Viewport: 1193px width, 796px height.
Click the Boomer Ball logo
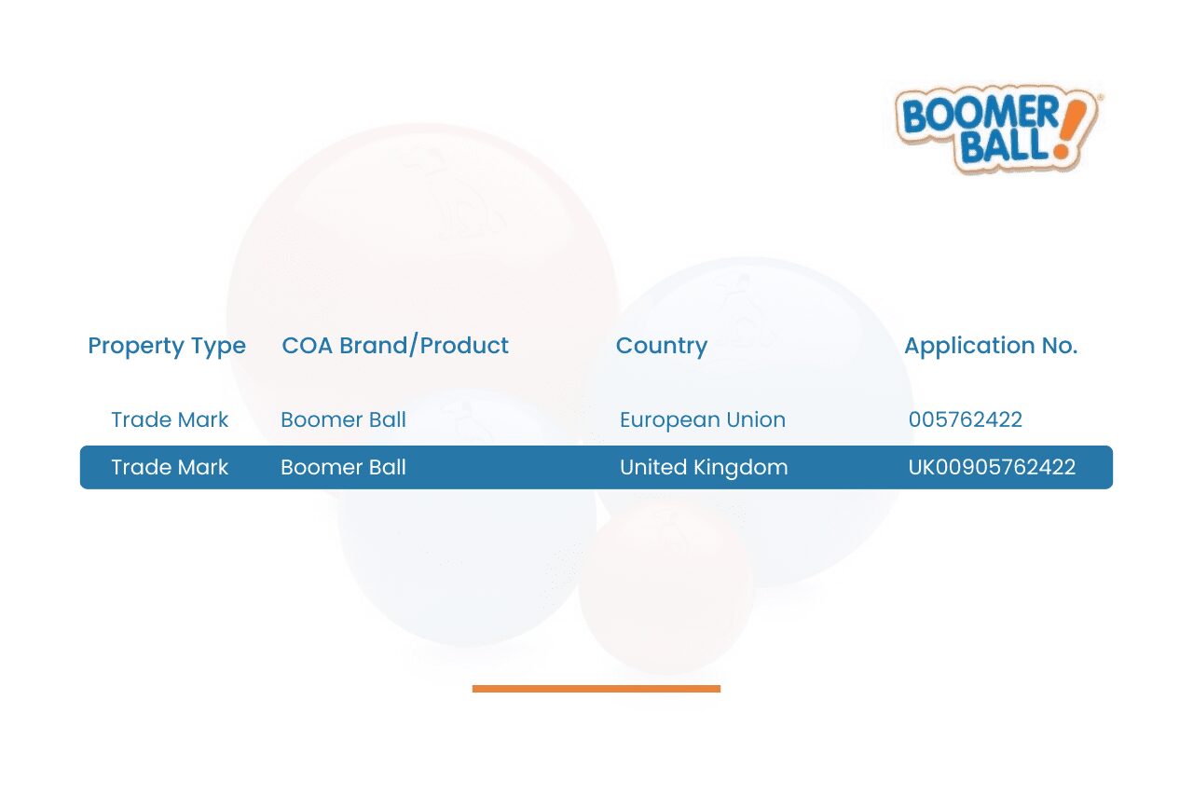pyautogui.click(x=997, y=129)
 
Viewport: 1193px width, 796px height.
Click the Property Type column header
pyautogui.click(x=167, y=347)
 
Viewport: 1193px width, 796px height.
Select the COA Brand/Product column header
pyautogui.click(x=395, y=345)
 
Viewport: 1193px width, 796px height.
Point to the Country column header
pyautogui.click(x=662, y=347)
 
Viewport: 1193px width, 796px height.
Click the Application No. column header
pyautogui.click(x=991, y=347)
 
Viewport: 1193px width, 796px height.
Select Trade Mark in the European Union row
pyautogui.click(x=170, y=419)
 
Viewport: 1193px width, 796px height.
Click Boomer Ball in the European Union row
pyautogui.click(x=343, y=419)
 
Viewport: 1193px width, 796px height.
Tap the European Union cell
pyautogui.click(x=703, y=419)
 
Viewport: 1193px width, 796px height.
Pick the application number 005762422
pyautogui.click(x=965, y=419)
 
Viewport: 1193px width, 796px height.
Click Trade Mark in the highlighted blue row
pyautogui.click(x=170, y=467)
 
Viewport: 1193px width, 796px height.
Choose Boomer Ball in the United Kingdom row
pyautogui.click(x=343, y=467)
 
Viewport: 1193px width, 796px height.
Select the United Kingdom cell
pyautogui.click(x=704, y=468)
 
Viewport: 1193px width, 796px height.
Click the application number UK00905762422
pyautogui.click(x=992, y=467)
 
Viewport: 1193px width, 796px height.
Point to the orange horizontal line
pyautogui.click(x=596, y=689)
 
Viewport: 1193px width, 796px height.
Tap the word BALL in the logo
pyautogui.click(x=1005, y=144)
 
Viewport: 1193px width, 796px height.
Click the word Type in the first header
pyautogui.click(x=218, y=348)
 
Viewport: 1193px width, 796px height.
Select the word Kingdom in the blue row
pyautogui.click(x=740, y=468)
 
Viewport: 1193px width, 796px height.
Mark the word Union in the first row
pyautogui.click(x=756, y=419)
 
